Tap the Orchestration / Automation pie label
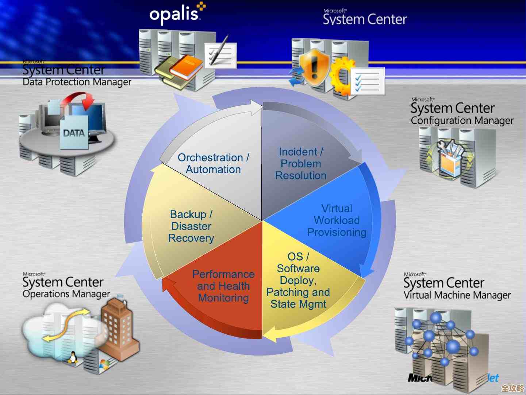click(x=214, y=163)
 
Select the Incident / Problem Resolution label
click(x=301, y=164)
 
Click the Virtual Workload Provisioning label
click(x=337, y=220)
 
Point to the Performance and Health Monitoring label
click(x=223, y=286)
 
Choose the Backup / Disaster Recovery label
click(x=191, y=226)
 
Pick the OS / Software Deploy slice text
click(x=298, y=280)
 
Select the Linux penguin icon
click(x=73, y=357)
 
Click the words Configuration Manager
click(x=462, y=121)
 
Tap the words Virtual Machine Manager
click(x=457, y=295)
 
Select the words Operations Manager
click(x=66, y=294)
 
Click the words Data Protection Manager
click(x=77, y=82)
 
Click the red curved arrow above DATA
click(x=81, y=99)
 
